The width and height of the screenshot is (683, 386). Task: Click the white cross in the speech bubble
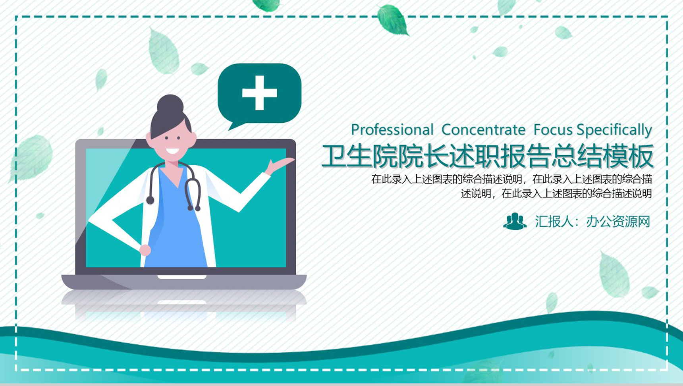(x=259, y=93)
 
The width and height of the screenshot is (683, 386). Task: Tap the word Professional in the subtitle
(x=392, y=130)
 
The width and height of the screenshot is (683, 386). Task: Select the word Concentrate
(x=483, y=130)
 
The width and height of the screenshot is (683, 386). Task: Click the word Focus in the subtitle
(x=553, y=130)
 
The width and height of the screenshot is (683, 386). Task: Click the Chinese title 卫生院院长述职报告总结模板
(x=487, y=156)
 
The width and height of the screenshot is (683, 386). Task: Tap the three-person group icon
(x=515, y=221)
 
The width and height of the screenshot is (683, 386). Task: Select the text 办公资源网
(x=618, y=222)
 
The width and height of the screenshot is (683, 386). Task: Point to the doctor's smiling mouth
(x=172, y=151)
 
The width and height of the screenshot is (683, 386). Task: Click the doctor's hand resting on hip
(x=145, y=250)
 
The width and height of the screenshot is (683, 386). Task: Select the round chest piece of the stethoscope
(x=150, y=200)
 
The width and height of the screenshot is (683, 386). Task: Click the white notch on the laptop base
(x=182, y=277)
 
